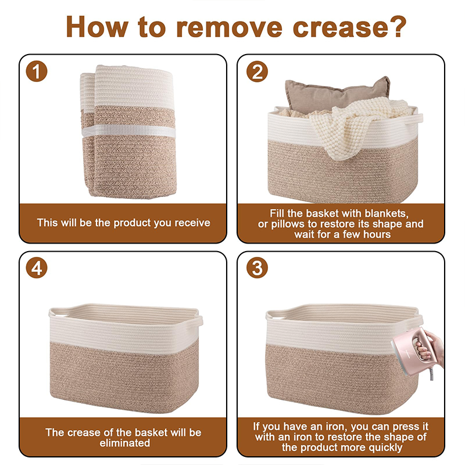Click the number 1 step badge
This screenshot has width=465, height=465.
click(37, 71)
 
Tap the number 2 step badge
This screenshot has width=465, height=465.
click(257, 71)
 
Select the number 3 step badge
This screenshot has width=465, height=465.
click(257, 268)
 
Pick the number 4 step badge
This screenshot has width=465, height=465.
click(37, 268)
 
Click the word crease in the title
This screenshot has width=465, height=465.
click(340, 27)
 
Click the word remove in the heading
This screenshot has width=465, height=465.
click(229, 27)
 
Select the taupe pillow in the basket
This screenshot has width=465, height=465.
click(337, 94)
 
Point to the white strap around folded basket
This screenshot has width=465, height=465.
click(128, 131)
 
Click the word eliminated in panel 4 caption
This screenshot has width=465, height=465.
click(125, 443)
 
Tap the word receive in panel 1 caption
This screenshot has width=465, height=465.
click(192, 223)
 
